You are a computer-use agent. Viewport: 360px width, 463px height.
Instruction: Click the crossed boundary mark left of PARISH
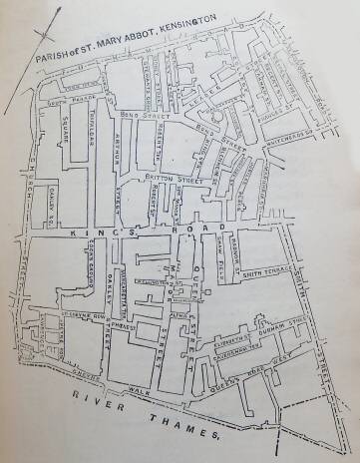[x=39, y=45]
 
